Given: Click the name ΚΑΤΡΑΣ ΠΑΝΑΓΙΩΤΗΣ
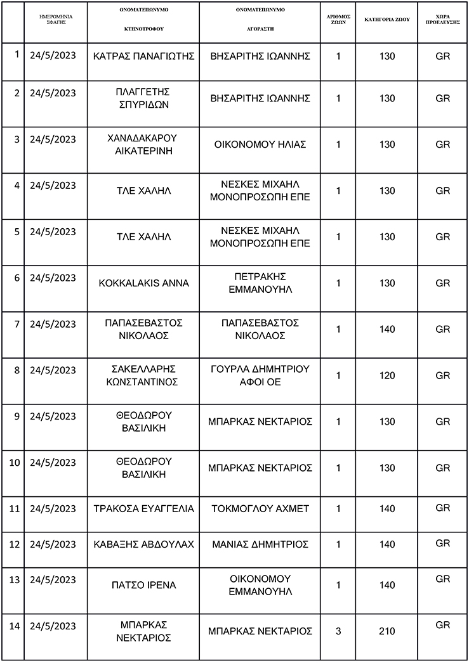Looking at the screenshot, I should tap(144, 56).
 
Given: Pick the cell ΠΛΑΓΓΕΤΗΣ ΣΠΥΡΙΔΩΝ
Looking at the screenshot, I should tap(144, 98).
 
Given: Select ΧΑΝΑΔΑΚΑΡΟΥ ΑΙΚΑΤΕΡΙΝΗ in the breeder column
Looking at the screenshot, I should tap(144, 145).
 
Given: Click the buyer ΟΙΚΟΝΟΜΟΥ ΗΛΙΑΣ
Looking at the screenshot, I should tap(260, 145).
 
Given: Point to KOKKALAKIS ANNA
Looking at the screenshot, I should tap(144, 283).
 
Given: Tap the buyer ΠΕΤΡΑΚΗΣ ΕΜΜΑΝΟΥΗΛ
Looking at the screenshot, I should tap(260, 283).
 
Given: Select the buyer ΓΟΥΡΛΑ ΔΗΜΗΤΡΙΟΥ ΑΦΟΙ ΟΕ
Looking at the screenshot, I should tap(260, 376).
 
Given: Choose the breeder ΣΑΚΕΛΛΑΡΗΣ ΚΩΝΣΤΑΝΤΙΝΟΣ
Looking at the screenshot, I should tap(144, 376).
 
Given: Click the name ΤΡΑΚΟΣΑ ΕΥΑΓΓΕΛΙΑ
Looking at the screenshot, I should tap(144, 509).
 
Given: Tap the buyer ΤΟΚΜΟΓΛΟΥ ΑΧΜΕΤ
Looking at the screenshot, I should tap(260, 509).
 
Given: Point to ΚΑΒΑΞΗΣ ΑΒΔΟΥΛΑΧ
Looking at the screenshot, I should tap(144, 544).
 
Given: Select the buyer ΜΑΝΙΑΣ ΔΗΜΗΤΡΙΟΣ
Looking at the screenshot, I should tap(260, 544).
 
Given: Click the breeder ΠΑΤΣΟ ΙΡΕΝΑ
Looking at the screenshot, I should tap(144, 585).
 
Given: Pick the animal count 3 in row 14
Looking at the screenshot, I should tap(338, 631).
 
